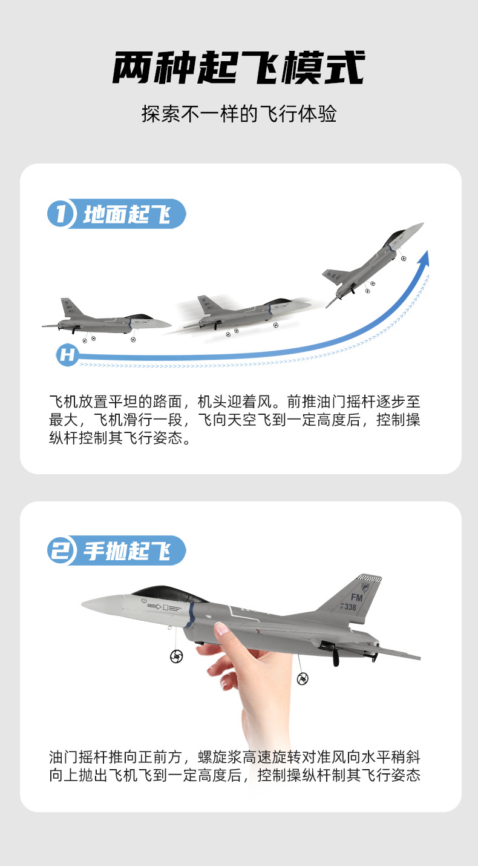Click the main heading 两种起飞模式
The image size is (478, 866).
[239, 68]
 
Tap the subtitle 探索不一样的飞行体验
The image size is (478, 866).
[239, 114]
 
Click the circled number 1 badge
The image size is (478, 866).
[61, 214]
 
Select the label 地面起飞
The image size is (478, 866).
[127, 214]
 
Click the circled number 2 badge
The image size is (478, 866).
[61, 550]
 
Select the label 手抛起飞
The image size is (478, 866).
[127, 551]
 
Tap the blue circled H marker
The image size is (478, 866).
[67, 355]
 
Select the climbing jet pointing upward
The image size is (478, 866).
[372, 260]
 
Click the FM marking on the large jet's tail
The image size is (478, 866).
[358, 598]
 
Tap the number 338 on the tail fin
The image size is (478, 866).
[350, 607]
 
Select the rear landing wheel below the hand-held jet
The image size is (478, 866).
[303, 679]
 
